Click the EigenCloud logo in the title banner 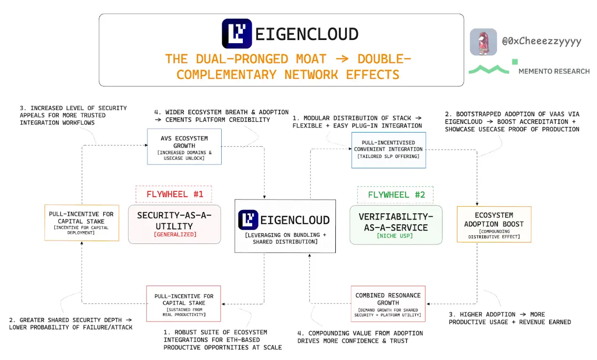point(237,34)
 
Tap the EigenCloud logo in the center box point(248,220)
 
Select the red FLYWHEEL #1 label point(174,194)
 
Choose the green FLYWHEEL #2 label point(395,195)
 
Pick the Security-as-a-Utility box point(174,224)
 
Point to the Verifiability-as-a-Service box point(396,225)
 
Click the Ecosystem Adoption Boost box point(494,224)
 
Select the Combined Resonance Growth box point(388,304)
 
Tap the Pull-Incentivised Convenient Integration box point(388,150)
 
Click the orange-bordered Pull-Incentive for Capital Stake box point(81,222)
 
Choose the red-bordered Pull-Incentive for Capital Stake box point(184,304)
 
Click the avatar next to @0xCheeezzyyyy point(483,42)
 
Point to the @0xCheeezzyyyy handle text point(542,41)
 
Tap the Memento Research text point(554,71)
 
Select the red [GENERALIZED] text point(174,234)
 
